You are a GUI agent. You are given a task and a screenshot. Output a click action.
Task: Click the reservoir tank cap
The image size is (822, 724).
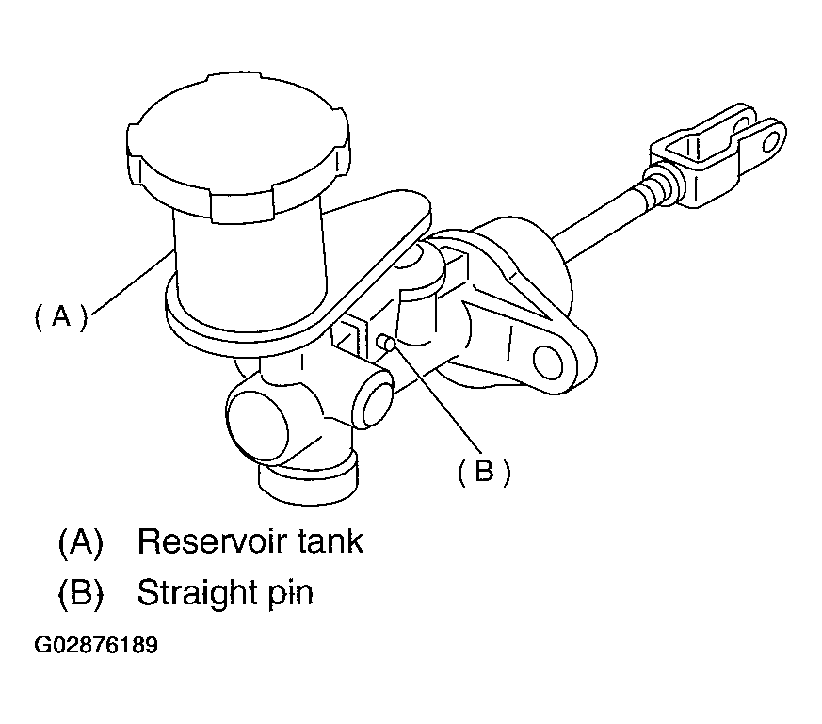238,147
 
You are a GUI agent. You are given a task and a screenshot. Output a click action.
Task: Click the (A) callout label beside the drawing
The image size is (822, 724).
61,316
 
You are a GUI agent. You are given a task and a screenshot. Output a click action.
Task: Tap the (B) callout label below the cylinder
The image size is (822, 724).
484,472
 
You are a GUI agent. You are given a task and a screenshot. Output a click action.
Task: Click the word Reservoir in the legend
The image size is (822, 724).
213,541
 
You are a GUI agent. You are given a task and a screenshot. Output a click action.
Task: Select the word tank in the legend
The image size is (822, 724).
330,541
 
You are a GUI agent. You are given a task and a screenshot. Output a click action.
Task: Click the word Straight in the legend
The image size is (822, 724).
196,593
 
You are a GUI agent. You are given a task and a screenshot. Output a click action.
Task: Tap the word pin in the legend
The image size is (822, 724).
290,594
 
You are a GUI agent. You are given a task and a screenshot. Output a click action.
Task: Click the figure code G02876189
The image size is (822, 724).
96,645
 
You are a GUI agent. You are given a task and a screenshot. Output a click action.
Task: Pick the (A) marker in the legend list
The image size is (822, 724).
81,541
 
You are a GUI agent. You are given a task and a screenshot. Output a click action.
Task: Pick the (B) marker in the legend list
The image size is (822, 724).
81,593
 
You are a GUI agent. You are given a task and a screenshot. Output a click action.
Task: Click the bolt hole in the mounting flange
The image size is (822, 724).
548,362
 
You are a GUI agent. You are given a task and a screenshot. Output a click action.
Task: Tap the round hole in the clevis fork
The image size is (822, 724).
771,141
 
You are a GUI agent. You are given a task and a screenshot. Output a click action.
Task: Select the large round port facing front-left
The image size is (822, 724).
257,419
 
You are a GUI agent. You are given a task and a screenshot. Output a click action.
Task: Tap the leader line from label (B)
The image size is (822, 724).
437,396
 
